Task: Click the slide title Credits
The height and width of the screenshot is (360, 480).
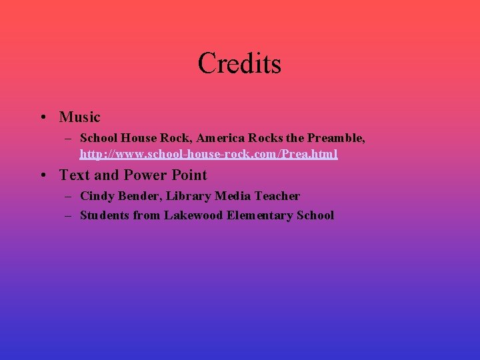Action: click(x=239, y=63)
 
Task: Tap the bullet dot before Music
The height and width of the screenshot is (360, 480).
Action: click(x=42, y=118)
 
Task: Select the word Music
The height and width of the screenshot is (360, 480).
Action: click(x=79, y=117)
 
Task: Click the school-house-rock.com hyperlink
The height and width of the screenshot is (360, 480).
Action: click(x=209, y=154)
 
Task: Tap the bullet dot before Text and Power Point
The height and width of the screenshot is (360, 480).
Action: click(x=42, y=176)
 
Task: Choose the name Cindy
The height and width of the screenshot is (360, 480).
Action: click(x=95, y=196)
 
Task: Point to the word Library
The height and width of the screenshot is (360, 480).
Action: click(x=189, y=196)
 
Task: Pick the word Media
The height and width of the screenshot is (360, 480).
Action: click(x=233, y=196)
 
